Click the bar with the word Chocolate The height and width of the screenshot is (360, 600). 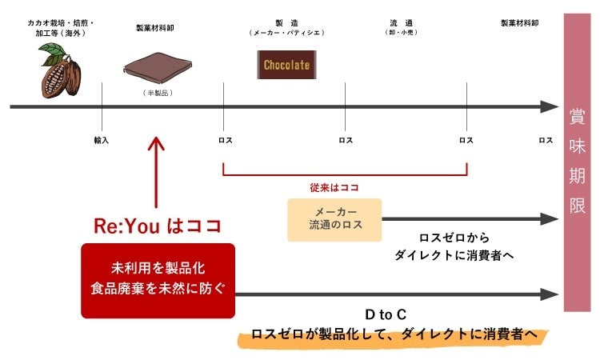tap(286, 65)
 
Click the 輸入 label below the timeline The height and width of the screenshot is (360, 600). tap(102, 140)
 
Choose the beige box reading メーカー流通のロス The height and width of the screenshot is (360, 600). tap(335, 218)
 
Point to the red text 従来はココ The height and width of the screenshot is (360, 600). tap(334, 187)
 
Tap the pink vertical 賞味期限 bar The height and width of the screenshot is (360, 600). tap(576, 161)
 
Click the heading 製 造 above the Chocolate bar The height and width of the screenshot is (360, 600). tap(286, 24)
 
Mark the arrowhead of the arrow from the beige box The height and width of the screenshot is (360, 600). tap(550, 218)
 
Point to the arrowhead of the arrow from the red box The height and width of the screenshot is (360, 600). tap(550, 294)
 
